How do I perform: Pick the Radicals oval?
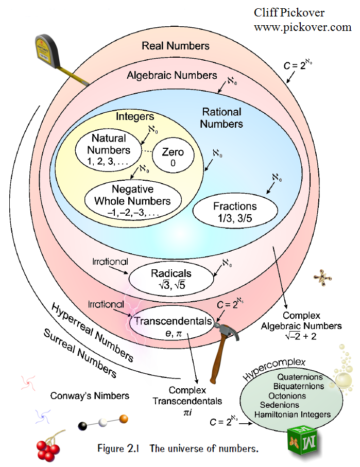[172, 278]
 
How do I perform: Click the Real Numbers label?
[176, 46]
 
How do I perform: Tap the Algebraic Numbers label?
[172, 76]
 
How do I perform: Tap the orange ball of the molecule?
[123, 418]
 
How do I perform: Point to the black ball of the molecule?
[82, 425]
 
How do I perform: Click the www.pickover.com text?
[302, 28]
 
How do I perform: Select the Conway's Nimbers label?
[90, 396]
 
